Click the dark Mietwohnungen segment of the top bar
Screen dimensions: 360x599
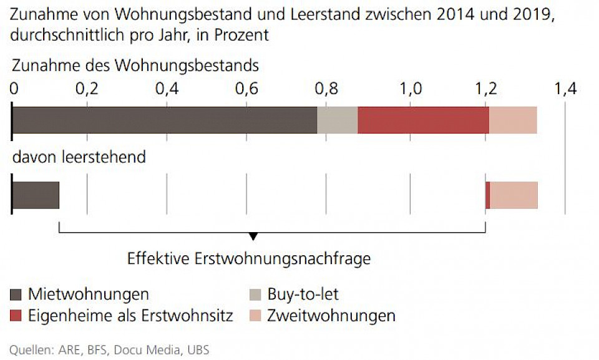coord(165,120)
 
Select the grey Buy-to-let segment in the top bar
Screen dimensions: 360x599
coord(337,120)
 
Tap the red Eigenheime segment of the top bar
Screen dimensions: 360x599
coord(423,120)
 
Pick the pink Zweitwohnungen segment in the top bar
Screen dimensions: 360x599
coord(513,120)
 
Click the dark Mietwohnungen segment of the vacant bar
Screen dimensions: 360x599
coord(36,195)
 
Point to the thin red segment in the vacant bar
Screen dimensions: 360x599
coord(487,195)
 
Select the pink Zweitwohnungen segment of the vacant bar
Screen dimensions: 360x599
coord(514,195)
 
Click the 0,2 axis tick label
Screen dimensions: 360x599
coord(87,89)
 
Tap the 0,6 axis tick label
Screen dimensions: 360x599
coord(247,89)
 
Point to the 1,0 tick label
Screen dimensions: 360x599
coord(409,89)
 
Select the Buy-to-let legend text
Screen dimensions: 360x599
coord(303,294)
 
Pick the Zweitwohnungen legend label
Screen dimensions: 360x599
coord(331,315)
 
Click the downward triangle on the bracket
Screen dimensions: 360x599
coord(253,236)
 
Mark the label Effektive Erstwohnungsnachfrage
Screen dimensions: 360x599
coord(248,258)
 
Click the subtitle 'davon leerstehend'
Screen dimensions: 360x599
coord(79,157)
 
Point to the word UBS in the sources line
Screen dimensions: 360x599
coord(198,349)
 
